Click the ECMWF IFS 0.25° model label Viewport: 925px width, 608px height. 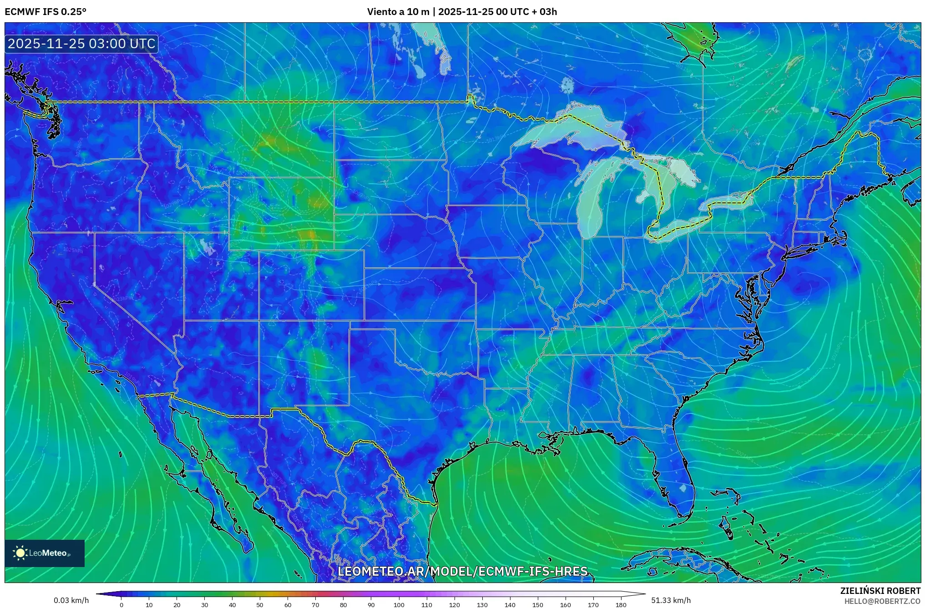[45, 12]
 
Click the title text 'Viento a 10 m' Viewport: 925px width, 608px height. [398, 12]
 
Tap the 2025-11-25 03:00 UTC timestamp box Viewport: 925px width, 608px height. [81, 44]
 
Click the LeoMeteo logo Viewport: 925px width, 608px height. [44, 553]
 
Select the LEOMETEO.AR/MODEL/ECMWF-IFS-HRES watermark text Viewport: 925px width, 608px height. [462, 571]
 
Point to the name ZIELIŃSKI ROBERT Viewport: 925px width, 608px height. [880, 591]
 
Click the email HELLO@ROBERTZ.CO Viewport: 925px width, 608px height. [882, 601]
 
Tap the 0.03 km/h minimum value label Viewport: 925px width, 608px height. [71, 600]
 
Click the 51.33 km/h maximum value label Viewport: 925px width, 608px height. [671, 600]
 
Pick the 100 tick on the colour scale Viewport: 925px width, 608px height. [399, 604]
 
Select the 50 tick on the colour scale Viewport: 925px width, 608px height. [260, 604]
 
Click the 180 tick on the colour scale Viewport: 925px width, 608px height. [621, 604]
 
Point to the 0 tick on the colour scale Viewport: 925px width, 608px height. [121, 604]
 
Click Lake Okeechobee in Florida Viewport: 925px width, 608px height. [682, 489]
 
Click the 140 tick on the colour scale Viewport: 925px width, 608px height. [510, 604]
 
